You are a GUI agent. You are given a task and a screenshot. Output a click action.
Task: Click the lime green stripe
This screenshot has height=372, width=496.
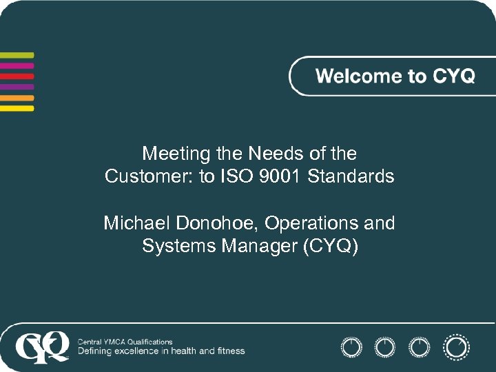[x=17, y=55]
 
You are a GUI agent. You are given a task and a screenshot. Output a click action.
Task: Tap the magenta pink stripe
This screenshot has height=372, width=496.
[x=17, y=66]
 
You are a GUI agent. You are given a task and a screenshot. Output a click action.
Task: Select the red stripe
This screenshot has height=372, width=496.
[x=17, y=76]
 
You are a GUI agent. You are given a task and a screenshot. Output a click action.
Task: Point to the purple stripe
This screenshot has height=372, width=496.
[x=17, y=87]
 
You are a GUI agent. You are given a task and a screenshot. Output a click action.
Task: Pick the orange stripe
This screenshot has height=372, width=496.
[x=17, y=98]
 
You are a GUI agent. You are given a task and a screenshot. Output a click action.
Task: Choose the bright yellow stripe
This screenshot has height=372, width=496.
[x=17, y=108]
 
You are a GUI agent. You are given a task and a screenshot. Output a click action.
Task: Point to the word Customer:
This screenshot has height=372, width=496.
[x=149, y=177]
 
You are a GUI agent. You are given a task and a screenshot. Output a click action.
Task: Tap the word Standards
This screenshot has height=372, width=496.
[x=351, y=177]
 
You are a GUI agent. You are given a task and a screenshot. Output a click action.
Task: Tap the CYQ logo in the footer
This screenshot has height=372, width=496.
[x=43, y=347]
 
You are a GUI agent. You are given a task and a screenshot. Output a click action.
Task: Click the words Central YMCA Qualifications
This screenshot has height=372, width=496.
[x=125, y=342]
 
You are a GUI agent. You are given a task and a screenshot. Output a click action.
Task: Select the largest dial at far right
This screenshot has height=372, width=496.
[x=456, y=347]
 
